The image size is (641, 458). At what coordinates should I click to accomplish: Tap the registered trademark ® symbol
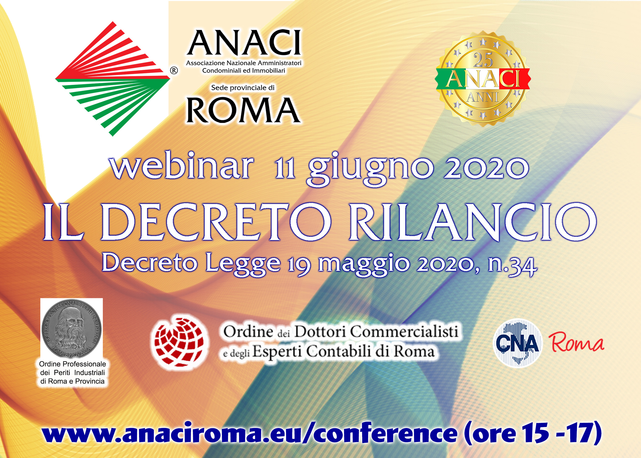(174, 70)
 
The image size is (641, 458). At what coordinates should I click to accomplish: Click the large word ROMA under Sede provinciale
(243, 110)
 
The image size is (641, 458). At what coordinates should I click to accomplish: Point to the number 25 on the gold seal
(483, 60)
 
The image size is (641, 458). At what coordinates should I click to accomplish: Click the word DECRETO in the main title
(216, 222)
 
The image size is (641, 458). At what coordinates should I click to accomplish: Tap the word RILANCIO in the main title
(473, 222)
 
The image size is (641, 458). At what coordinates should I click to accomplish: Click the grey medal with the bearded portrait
(72, 329)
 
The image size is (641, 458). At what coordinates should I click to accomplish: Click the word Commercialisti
(404, 331)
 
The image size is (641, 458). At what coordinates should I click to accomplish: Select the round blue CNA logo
(517, 343)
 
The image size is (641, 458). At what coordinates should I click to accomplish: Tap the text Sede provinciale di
(243, 88)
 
